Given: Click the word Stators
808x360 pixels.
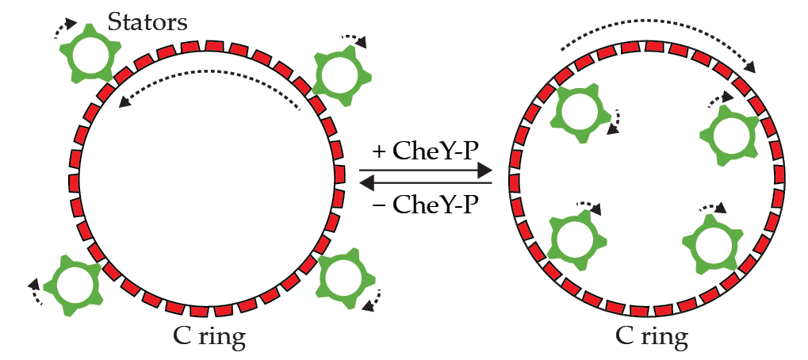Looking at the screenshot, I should pos(148,21).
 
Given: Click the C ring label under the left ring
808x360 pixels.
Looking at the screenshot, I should pos(209,337).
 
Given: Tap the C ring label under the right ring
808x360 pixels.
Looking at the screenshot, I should pos(651,337).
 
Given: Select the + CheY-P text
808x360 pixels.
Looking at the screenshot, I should pos(425,151).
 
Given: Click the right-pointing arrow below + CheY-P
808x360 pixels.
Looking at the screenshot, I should pos(425,170).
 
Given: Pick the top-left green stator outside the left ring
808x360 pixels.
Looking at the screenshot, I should pos(89,52).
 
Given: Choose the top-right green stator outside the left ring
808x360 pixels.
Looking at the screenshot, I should pos(342,76).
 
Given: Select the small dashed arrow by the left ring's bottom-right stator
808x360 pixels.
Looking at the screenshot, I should pos(373,300).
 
